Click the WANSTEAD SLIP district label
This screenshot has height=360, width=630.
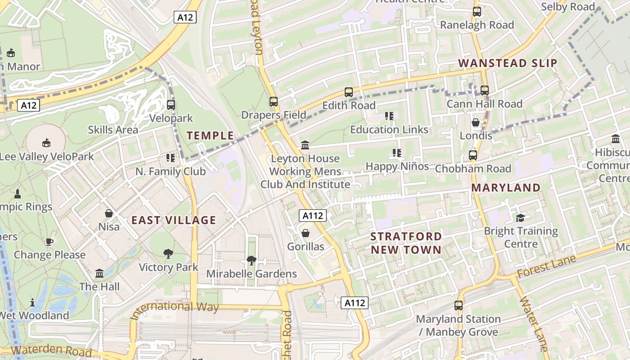tap(508, 63)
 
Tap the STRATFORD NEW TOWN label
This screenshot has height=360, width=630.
tap(406, 243)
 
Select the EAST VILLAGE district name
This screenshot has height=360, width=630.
tap(174, 220)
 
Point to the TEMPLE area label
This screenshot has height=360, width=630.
tap(210, 135)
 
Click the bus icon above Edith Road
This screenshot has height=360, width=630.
tap(349, 92)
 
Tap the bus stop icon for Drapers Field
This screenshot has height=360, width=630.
tap(274, 102)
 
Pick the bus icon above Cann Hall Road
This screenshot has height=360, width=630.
tap(485, 90)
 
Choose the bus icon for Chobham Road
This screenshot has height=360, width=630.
tap(473, 155)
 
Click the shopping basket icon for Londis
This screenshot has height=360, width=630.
tap(476, 122)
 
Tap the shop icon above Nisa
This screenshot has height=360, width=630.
tap(109, 213)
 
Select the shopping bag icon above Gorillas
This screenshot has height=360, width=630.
tap(306, 233)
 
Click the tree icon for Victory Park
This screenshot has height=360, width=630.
tap(168, 254)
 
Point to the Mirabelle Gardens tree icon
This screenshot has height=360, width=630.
tap(251, 260)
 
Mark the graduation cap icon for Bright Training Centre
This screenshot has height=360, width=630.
tap(521, 218)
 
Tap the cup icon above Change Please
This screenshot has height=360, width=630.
tap(49, 242)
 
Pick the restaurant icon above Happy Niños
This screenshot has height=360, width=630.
tap(397, 153)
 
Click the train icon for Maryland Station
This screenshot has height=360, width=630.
tap(459, 306)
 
